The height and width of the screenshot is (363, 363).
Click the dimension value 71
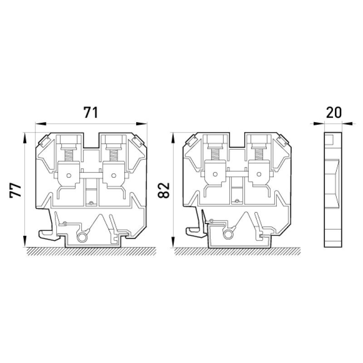pyautogui.click(x=91, y=113)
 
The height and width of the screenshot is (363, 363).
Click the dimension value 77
pyautogui.click(x=15, y=190)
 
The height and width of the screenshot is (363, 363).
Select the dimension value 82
pyautogui.click(x=164, y=191)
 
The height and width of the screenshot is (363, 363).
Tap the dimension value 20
pyautogui.click(x=334, y=113)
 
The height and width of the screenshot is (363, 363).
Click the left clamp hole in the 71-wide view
pyautogui.click(x=69, y=176)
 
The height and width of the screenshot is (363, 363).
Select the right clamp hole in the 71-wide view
pyautogui.click(x=113, y=176)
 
